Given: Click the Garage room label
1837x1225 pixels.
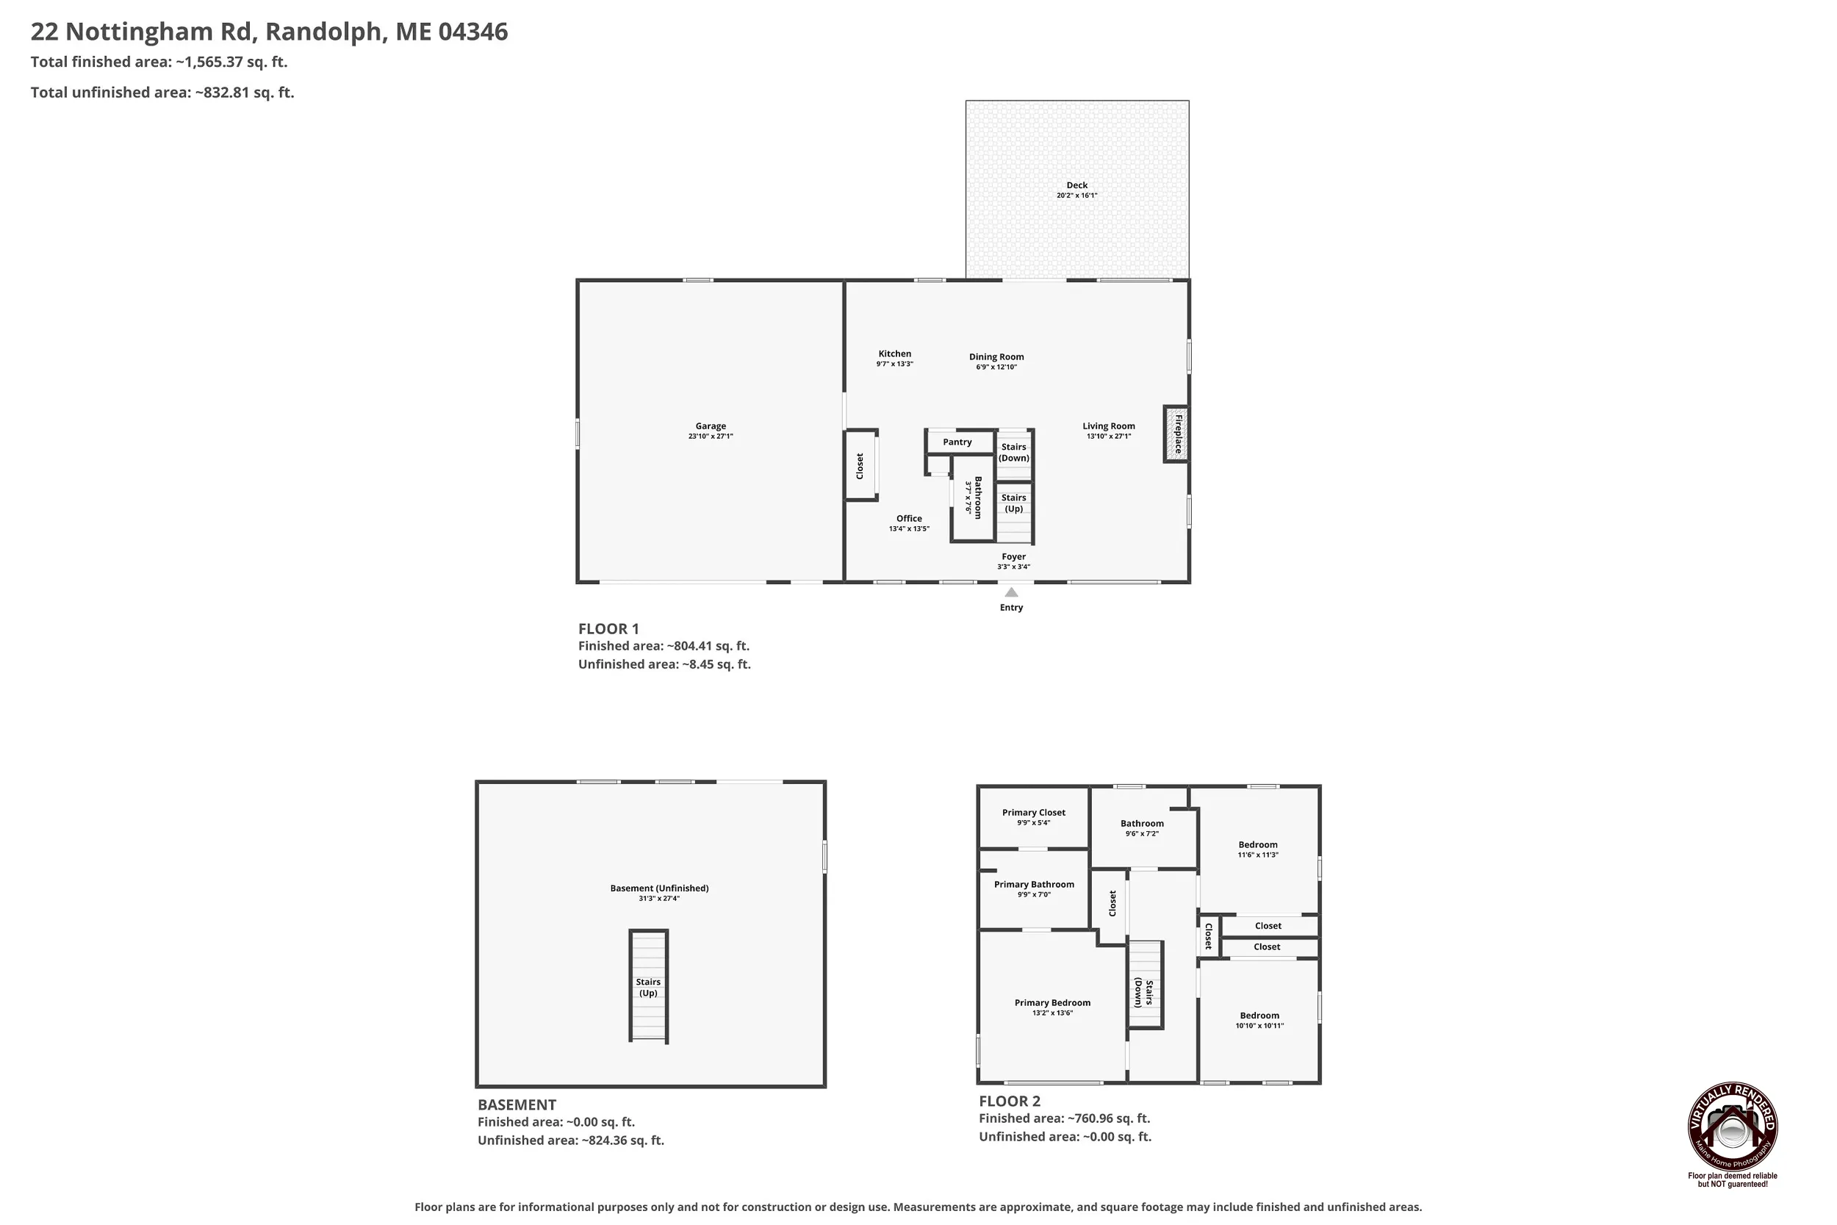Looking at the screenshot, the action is (710, 426).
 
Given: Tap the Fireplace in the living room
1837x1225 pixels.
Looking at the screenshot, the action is (1176, 434).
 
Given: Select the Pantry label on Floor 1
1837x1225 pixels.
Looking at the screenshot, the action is (957, 442).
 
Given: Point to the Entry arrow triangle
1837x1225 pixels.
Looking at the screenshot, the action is (1010, 592).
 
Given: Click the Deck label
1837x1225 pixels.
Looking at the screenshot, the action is (1076, 185).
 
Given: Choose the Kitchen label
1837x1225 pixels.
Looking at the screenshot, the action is (894, 354).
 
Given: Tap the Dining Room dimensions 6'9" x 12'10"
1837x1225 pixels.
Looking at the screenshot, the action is (996, 367).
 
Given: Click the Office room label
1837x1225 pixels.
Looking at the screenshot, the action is (908, 519).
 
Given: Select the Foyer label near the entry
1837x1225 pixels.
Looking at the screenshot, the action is (1013, 557).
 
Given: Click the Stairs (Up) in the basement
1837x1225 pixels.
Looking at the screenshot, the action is (648, 986).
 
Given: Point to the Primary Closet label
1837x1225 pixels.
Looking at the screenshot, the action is (1033, 813).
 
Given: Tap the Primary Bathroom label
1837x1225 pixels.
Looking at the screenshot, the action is (1033, 884).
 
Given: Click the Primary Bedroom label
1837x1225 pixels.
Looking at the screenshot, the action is (1052, 1002).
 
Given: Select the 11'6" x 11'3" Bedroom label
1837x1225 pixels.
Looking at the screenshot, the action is (1257, 844).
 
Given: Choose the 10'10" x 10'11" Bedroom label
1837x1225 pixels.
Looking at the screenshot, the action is (1259, 1016).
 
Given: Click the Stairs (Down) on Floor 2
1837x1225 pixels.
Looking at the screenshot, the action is (1145, 985).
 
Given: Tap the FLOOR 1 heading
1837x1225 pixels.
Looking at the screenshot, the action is (608, 629).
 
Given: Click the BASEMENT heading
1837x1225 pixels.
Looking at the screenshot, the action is (517, 1104).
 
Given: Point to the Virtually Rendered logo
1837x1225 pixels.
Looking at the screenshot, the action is (1733, 1126).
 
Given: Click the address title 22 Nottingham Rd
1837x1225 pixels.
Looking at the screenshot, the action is (141, 32).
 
